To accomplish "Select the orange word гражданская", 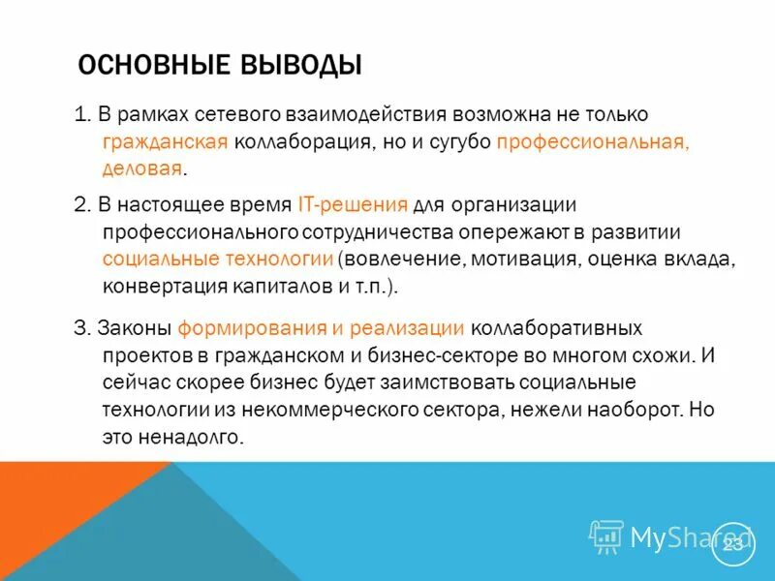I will tap(165, 142).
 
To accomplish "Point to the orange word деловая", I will tap(141, 168).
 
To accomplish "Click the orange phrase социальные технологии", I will tap(218, 260).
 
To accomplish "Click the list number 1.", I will tap(80, 116).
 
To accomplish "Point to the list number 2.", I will tap(80, 205).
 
